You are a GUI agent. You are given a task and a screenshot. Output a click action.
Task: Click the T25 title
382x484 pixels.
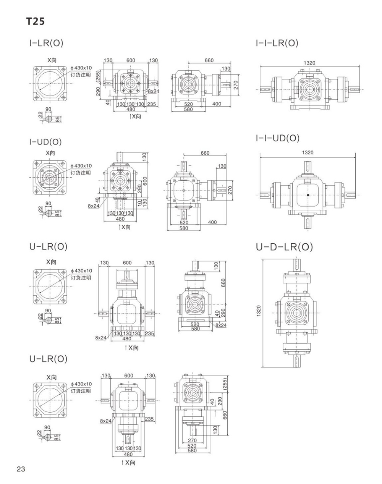click(36, 22)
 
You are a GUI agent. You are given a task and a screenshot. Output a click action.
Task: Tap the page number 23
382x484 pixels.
click(21, 469)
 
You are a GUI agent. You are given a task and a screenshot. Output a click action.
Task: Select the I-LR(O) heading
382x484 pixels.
click(46, 43)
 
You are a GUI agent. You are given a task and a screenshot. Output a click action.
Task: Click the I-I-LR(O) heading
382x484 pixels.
click(277, 43)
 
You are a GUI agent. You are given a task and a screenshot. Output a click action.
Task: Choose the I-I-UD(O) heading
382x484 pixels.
click(278, 138)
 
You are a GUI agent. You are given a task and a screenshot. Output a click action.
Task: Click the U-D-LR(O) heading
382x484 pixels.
click(284, 247)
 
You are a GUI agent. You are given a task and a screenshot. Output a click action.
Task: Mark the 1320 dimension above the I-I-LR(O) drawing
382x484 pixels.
click(309, 63)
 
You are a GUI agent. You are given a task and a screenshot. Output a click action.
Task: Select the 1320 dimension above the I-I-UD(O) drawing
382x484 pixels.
click(308, 152)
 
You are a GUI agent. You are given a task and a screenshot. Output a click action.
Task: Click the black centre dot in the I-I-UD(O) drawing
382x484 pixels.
click(308, 195)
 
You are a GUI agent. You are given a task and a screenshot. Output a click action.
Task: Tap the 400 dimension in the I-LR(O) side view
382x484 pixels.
click(217, 104)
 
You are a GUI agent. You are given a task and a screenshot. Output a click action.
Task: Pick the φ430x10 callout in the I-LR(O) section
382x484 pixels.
click(81, 68)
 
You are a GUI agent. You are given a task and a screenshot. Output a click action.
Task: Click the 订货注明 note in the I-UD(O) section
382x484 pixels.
click(81, 173)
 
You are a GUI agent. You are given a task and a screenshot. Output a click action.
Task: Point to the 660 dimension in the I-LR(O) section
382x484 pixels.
click(209, 60)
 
